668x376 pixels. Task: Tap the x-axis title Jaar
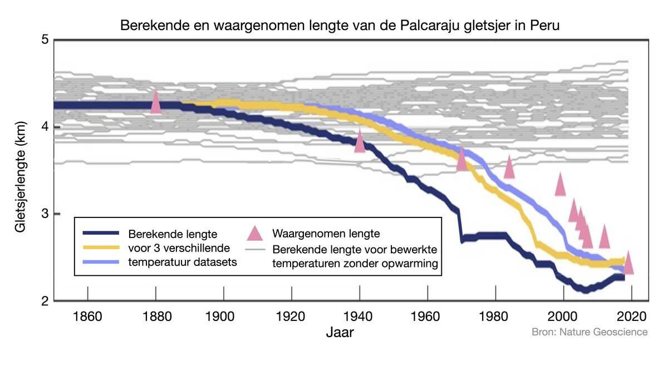(340, 333)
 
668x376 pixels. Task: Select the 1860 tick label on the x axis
(87, 316)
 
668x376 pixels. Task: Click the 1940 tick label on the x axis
(360, 316)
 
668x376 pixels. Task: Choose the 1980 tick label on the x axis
(496, 316)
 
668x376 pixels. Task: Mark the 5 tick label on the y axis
(46, 40)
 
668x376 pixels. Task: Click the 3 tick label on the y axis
(46, 214)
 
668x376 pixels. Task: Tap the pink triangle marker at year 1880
(156, 102)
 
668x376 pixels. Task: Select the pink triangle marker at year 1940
(360, 141)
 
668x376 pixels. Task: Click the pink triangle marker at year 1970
(461, 159)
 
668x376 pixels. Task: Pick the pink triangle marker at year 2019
(628, 263)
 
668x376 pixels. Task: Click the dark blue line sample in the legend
(100, 232)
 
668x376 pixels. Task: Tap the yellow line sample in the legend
(100, 247)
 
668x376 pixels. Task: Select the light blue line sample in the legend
(100, 261)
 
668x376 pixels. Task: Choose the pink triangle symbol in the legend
(254, 233)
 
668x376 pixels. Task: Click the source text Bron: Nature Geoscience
(590, 332)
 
